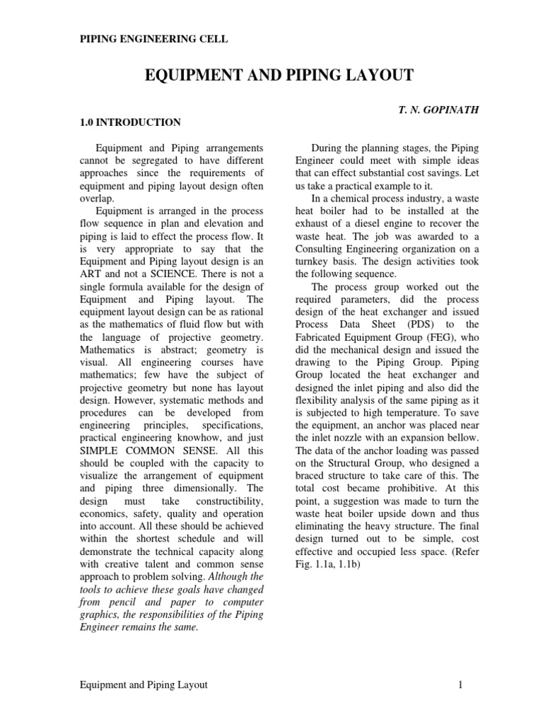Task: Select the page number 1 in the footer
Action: (x=460, y=685)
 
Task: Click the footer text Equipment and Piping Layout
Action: (x=144, y=685)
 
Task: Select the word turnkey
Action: (x=312, y=262)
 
